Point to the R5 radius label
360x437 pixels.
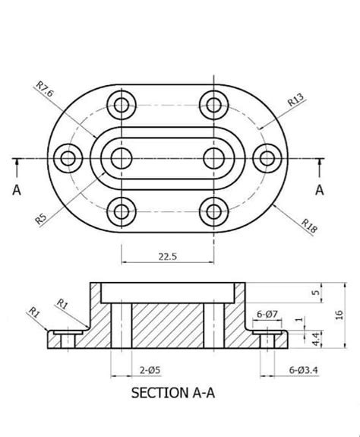coord(43,219)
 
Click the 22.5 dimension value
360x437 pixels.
coord(167,257)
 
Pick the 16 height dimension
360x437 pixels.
coord(339,315)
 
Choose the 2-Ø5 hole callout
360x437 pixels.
coord(149,371)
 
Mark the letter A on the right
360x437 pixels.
coord(320,190)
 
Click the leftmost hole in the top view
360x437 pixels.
coord(71,158)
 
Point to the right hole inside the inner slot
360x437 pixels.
coord(214,158)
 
